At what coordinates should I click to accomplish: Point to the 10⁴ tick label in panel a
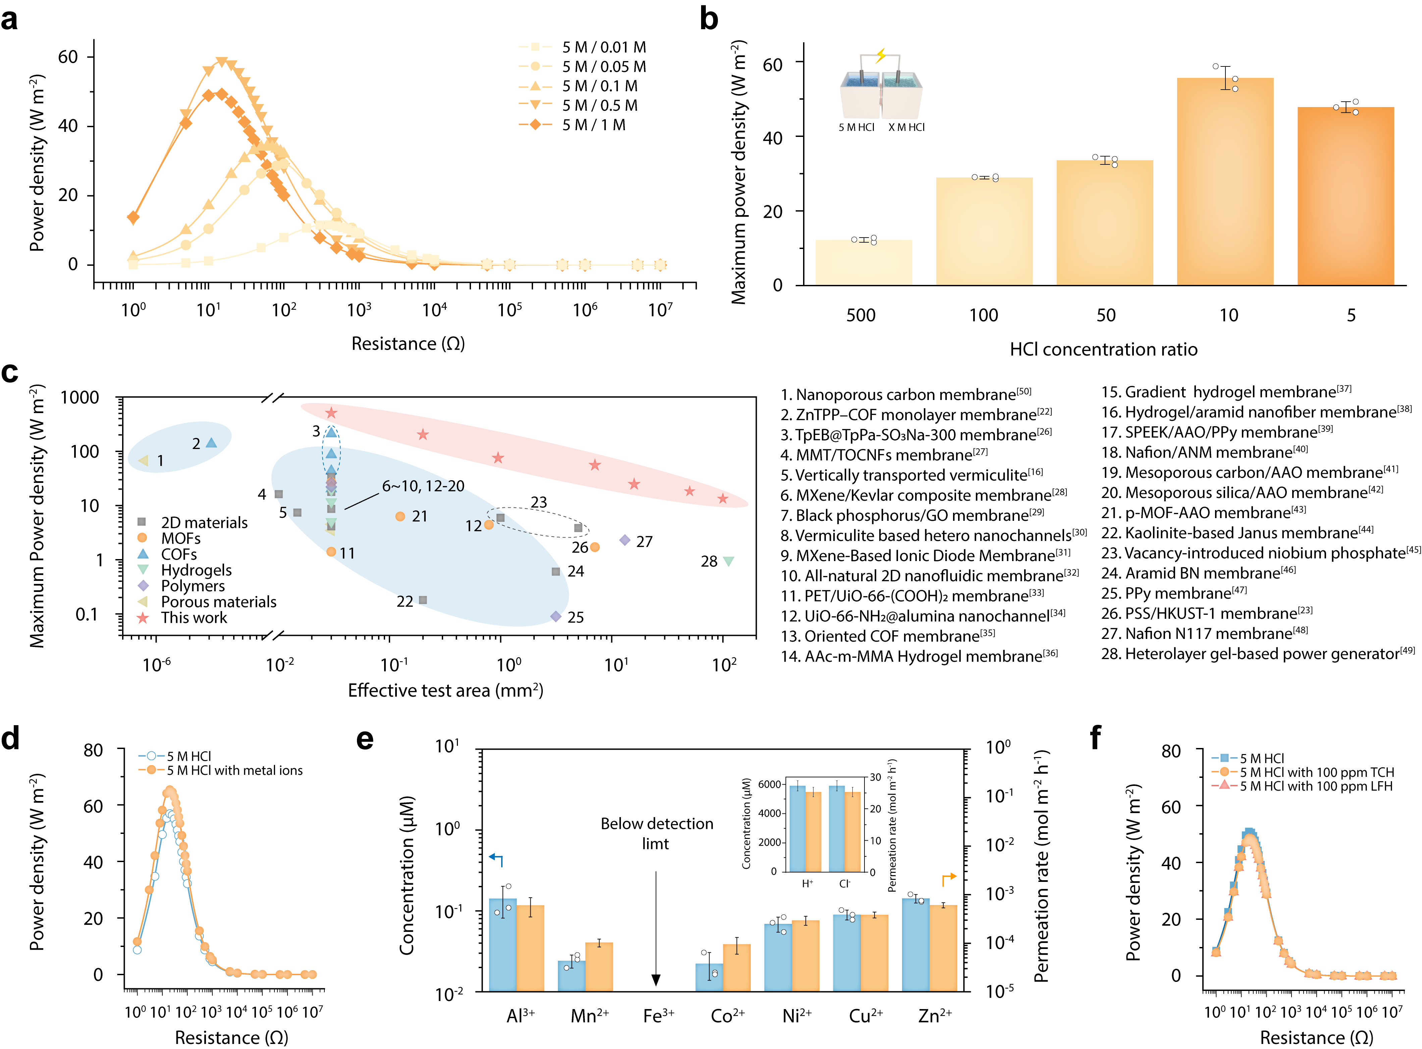(x=435, y=310)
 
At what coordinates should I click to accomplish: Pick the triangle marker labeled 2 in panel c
(x=211, y=443)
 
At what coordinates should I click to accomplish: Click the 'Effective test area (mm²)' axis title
(x=445, y=690)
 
